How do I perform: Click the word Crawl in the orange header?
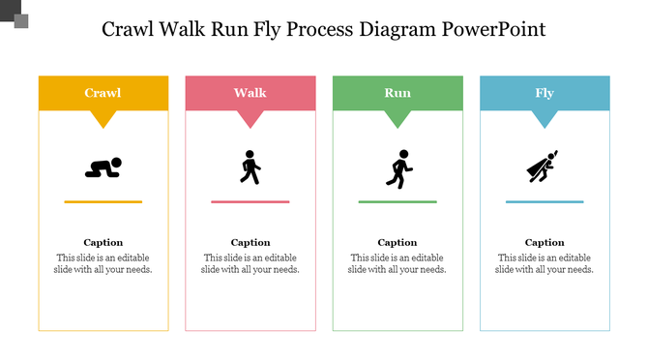103,93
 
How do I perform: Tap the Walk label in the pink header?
250,93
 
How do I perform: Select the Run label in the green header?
397,93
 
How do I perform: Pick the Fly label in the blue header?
545,93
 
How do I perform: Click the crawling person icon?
103,167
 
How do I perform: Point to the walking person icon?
250,167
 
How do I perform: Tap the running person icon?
398,167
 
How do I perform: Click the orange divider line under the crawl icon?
103,201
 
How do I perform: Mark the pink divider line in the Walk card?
250,201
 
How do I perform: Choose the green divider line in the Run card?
397,201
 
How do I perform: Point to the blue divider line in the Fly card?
545,201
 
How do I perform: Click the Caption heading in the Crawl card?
103,242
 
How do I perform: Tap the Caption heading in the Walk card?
250,242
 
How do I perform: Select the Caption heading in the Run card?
397,242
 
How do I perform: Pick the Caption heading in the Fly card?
545,242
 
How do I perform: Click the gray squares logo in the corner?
15,15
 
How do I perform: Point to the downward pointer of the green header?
397,119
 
